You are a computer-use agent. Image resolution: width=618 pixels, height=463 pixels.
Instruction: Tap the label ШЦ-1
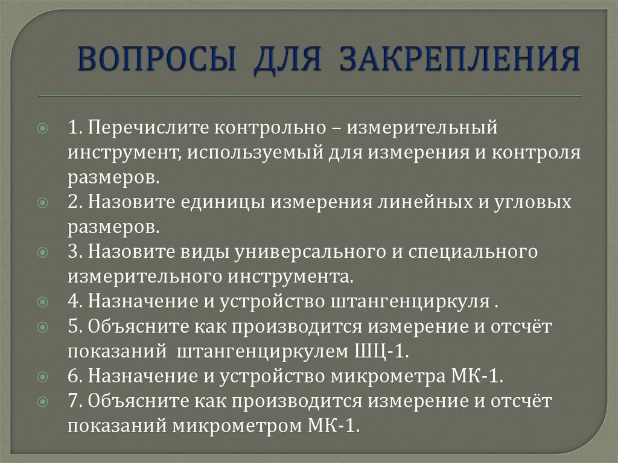(x=375, y=351)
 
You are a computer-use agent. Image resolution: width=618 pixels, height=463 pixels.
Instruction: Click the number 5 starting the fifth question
(x=72, y=326)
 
